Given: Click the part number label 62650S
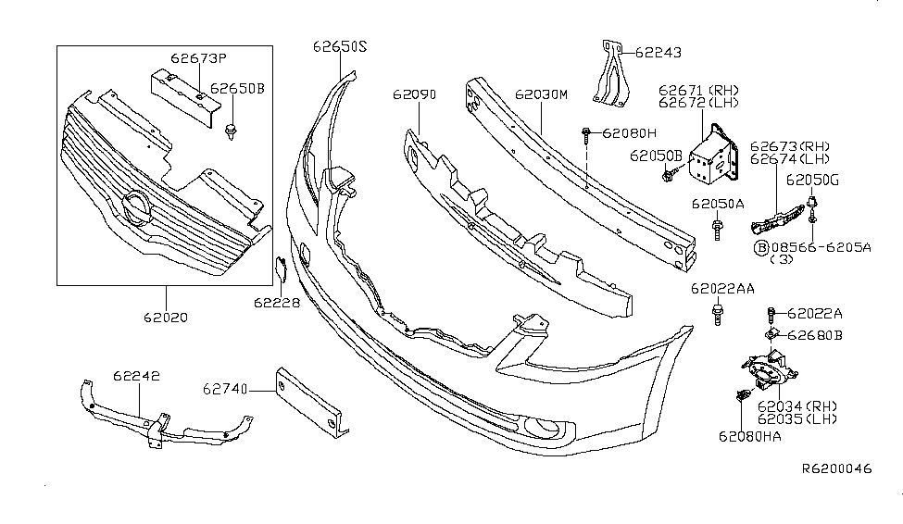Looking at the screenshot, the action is [340, 46].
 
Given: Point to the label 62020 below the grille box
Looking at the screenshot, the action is [166, 318].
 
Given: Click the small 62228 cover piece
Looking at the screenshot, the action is [281, 269].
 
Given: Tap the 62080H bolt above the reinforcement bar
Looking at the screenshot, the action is [586, 136].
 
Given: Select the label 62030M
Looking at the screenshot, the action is [542, 94].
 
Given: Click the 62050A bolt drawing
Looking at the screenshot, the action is [717, 230].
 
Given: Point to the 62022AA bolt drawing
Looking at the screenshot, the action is [718, 315].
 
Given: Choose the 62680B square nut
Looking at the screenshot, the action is [771, 333].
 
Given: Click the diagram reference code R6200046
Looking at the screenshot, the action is [837, 468].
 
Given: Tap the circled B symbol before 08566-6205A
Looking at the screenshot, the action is [761, 247].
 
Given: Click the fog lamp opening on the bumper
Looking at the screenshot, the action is [543, 427].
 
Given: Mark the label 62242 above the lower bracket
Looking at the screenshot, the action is [136, 376].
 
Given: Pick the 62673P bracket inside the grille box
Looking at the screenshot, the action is [185, 97].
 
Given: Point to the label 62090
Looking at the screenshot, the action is [415, 94].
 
